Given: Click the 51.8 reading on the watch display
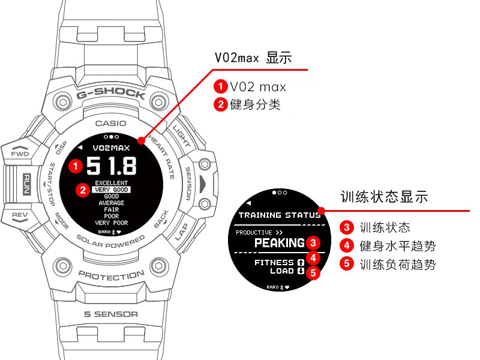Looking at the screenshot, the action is pyautogui.click(x=112, y=166).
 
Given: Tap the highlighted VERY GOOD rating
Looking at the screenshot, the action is pyautogui.click(x=112, y=190).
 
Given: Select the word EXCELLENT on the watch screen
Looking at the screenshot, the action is pyautogui.click(x=112, y=183).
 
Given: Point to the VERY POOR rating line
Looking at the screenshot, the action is pyautogui.click(x=112, y=223).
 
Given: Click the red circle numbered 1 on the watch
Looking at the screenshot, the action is pyautogui.click(x=76, y=166).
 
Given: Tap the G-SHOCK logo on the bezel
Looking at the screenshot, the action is pyautogui.click(x=111, y=93).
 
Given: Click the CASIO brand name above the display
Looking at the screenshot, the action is pyautogui.click(x=111, y=124).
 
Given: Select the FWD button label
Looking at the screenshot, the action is pyautogui.click(x=20, y=154).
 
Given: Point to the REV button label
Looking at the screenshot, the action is pyautogui.click(x=20, y=215).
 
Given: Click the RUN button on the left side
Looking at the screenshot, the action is pyautogui.click(x=27, y=184).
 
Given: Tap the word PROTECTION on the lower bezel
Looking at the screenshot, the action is pyautogui.click(x=112, y=275).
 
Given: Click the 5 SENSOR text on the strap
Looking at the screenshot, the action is pyautogui.click(x=111, y=314).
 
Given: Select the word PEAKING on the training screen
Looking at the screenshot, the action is pyautogui.click(x=280, y=243).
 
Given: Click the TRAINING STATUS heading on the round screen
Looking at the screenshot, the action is pyautogui.click(x=280, y=215).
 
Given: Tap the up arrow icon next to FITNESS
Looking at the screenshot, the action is pyautogui.click(x=301, y=262).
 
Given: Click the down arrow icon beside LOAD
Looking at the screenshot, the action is pyautogui.click(x=301, y=271).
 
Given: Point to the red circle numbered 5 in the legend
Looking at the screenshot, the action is pyautogui.click(x=347, y=263).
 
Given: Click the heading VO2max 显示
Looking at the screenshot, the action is pyautogui.click(x=253, y=58).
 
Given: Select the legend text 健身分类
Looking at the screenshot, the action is pyautogui.click(x=256, y=104).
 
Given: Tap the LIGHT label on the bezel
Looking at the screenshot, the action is pyautogui.click(x=182, y=136).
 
